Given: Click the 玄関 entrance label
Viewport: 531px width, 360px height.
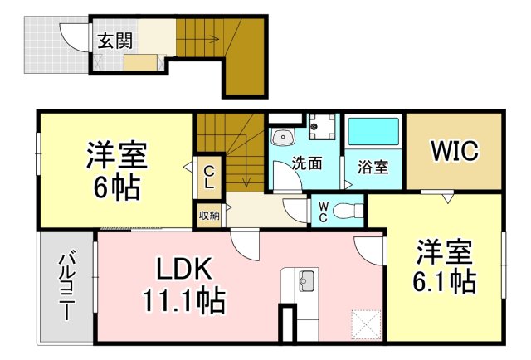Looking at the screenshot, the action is [x=114, y=41].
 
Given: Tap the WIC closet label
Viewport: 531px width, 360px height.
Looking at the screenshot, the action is [x=455, y=150].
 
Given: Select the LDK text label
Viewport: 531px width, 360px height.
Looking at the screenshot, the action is [x=183, y=269].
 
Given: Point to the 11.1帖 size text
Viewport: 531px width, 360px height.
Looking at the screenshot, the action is [x=184, y=300].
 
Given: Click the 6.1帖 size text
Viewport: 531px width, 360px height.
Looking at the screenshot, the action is [x=444, y=281].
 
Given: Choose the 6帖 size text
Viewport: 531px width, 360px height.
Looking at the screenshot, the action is [x=116, y=187].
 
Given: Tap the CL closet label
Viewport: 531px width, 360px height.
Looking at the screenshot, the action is [x=210, y=178].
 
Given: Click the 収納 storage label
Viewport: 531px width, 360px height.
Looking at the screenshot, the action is [x=209, y=215].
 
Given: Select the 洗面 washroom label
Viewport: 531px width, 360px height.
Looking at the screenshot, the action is [x=307, y=163].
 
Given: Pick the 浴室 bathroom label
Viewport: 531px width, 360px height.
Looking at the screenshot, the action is [x=373, y=167].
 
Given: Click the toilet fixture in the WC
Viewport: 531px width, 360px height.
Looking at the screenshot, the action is [x=348, y=212].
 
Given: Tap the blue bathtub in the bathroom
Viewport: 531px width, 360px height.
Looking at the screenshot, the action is [x=373, y=131].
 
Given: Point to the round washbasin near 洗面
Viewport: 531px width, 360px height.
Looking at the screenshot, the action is [x=282, y=137].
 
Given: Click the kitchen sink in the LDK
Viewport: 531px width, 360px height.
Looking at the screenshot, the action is [x=306, y=280].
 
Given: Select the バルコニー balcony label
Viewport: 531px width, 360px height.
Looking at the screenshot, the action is [x=67, y=285].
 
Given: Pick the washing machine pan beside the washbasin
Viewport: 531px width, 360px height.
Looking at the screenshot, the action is [x=322, y=127].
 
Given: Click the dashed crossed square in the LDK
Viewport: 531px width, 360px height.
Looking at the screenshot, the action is [x=367, y=324].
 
